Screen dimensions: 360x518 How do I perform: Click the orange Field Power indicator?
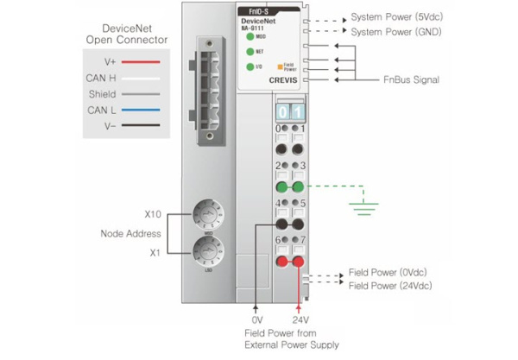click(x=278, y=66)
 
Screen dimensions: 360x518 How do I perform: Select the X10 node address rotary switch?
click(x=208, y=212)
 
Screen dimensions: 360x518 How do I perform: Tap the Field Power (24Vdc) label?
click(x=390, y=286)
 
